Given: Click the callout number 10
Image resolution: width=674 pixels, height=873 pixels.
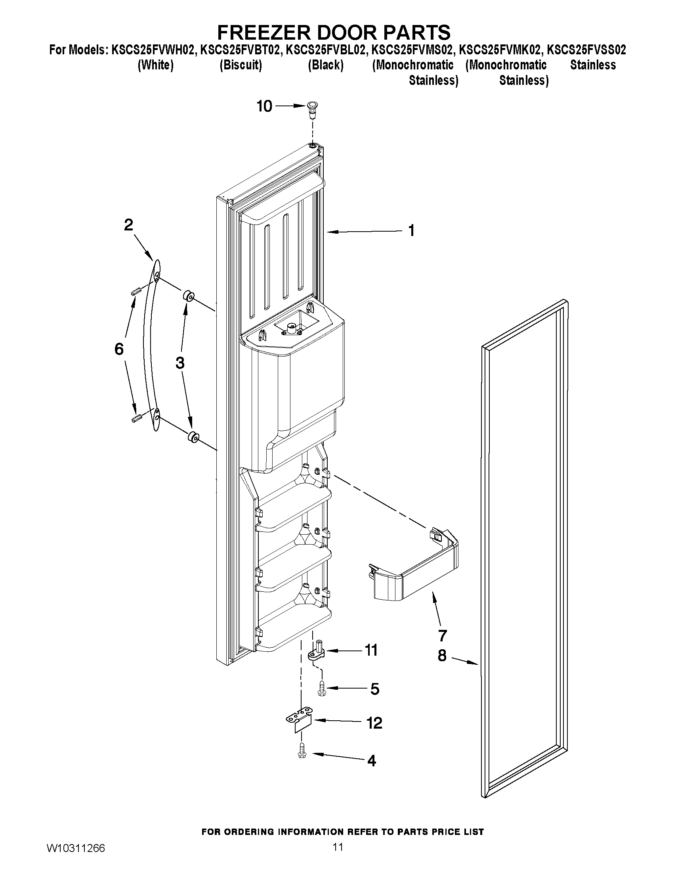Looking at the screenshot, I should pos(264,106).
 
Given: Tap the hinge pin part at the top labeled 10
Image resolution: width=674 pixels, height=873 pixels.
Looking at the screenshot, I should pos(312,109).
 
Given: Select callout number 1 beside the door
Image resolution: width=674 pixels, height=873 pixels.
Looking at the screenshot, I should pos(411,230).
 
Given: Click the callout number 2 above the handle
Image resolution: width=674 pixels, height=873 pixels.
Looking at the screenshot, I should pos(128,225).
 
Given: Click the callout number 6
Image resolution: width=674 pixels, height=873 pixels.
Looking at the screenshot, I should pos(119,349).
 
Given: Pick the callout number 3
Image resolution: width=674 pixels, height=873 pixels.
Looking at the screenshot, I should pos(179,363).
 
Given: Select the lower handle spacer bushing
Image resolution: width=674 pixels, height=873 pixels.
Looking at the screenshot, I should pos(194,437).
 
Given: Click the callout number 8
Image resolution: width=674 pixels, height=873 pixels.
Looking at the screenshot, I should pos(442,656).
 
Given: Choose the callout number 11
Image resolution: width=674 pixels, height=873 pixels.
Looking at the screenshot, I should pos(371,650).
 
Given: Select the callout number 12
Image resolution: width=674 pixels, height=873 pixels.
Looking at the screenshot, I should pos(374,723).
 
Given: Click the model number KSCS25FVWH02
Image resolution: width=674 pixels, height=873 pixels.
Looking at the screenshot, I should pos(154,50).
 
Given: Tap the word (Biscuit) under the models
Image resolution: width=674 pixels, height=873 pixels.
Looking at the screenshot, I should pos(241,65).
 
